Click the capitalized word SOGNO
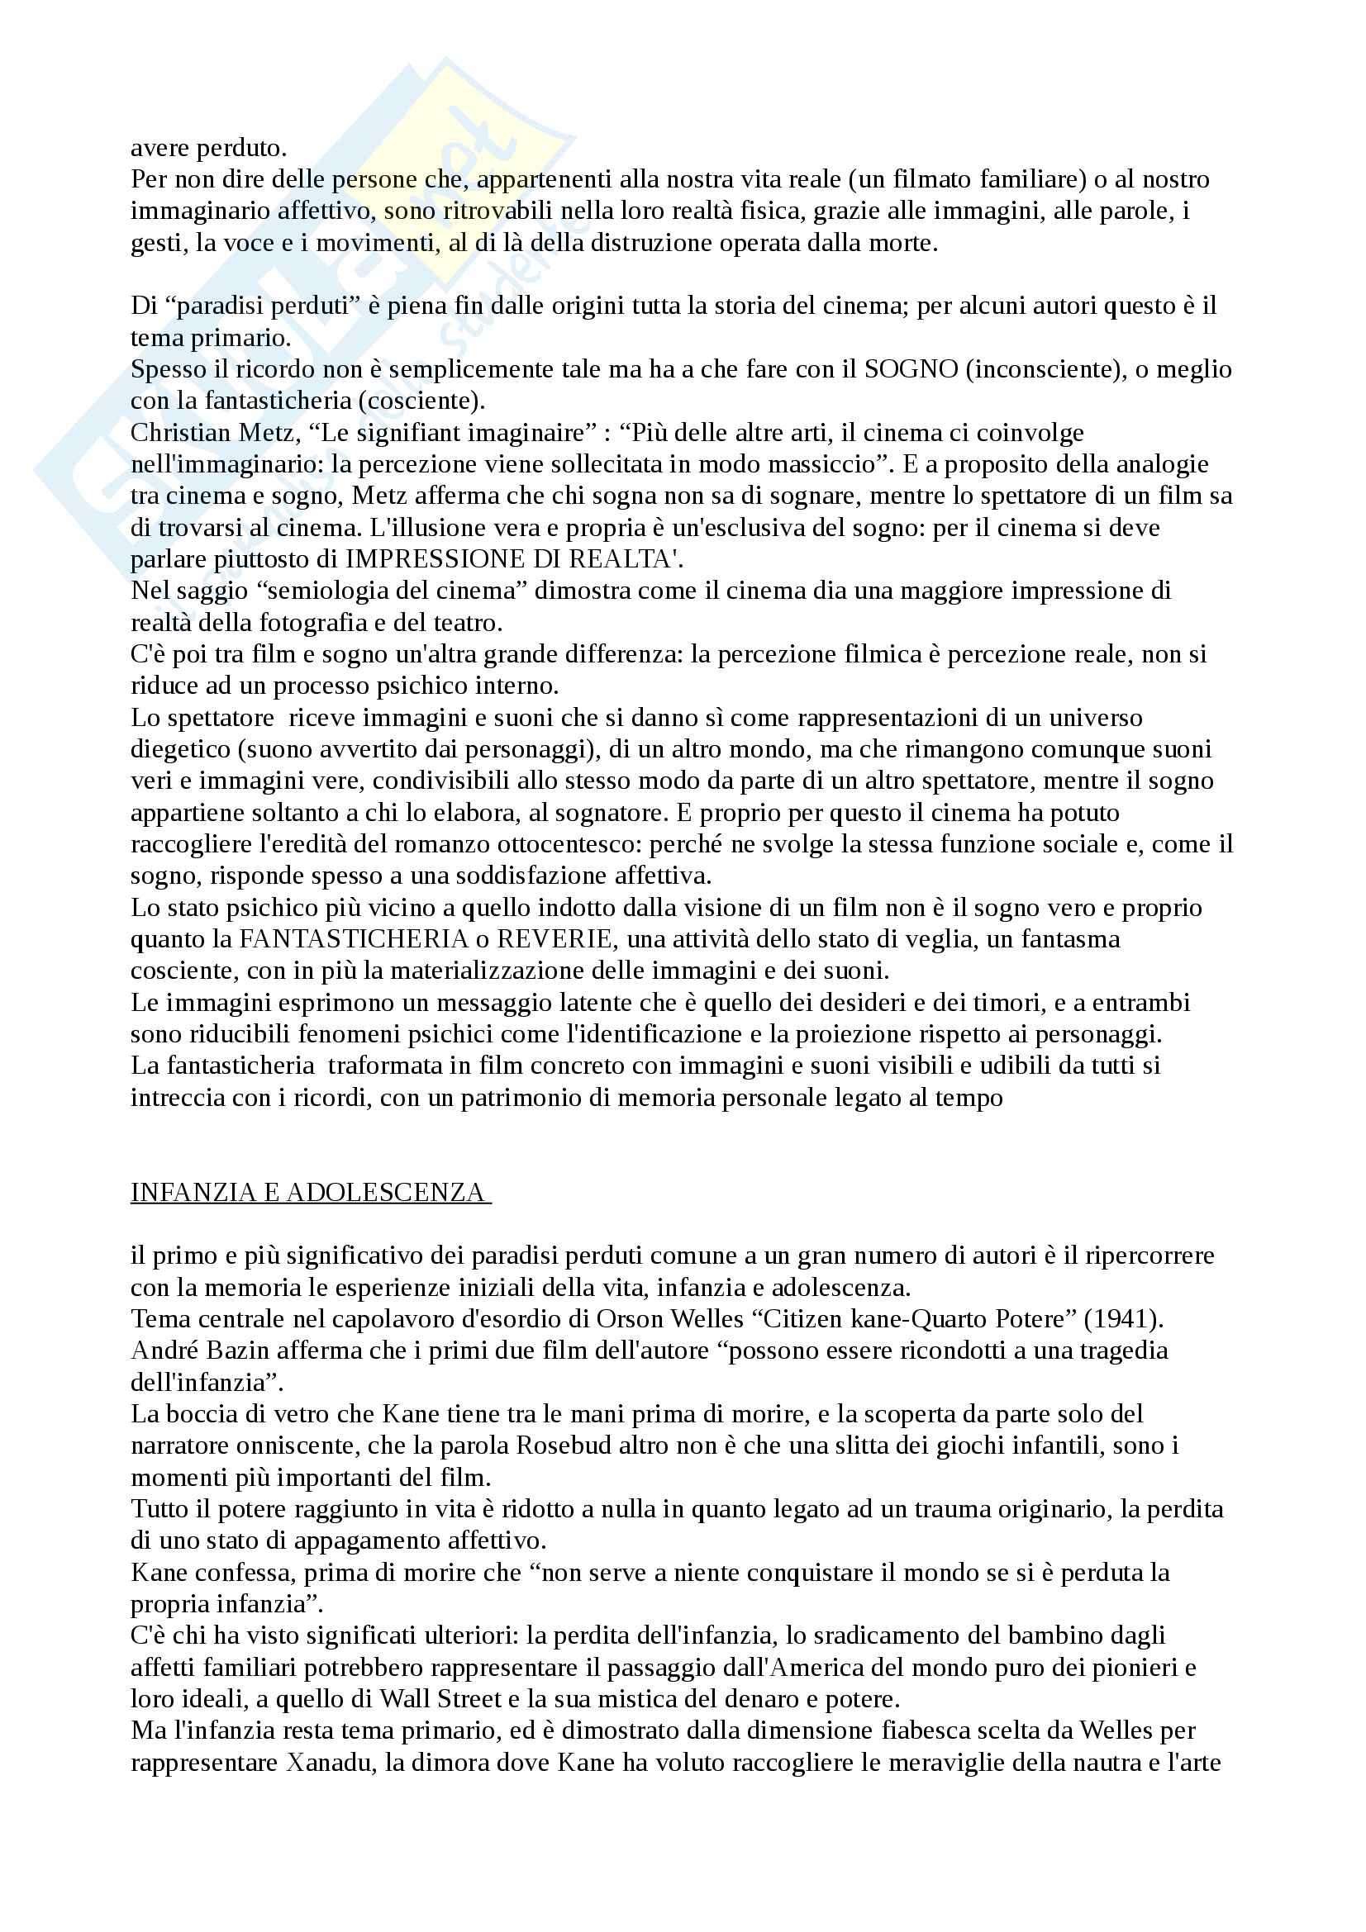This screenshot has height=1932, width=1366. pyautogui.click(x=911, y=369)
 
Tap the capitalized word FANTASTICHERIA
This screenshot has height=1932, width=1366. pyautogui.click(x=353, y=939)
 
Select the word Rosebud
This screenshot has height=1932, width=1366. pyautogui.click(x=560, y=1445)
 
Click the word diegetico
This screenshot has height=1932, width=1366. pyautogui.click(x=180, y=749)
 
